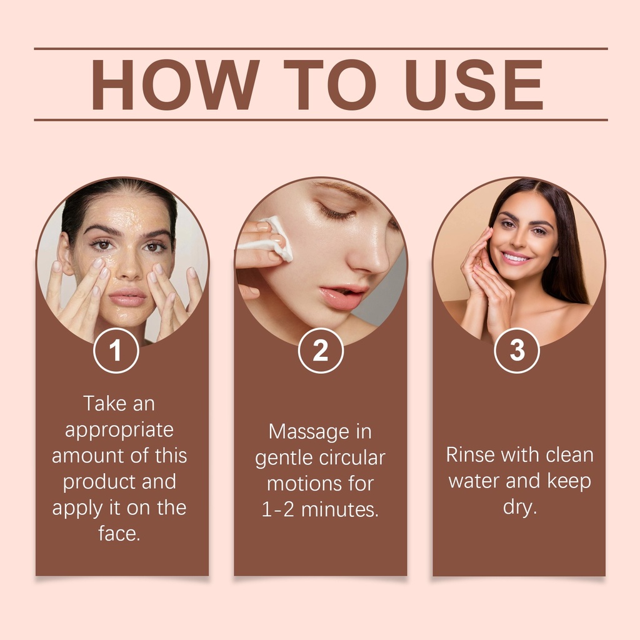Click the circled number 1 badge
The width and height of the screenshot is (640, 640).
116,351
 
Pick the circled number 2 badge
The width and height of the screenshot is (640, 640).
321,351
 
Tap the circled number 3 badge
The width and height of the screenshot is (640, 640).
517,351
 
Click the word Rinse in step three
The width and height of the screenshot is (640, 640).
470,455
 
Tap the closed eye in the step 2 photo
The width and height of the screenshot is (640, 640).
337,212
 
